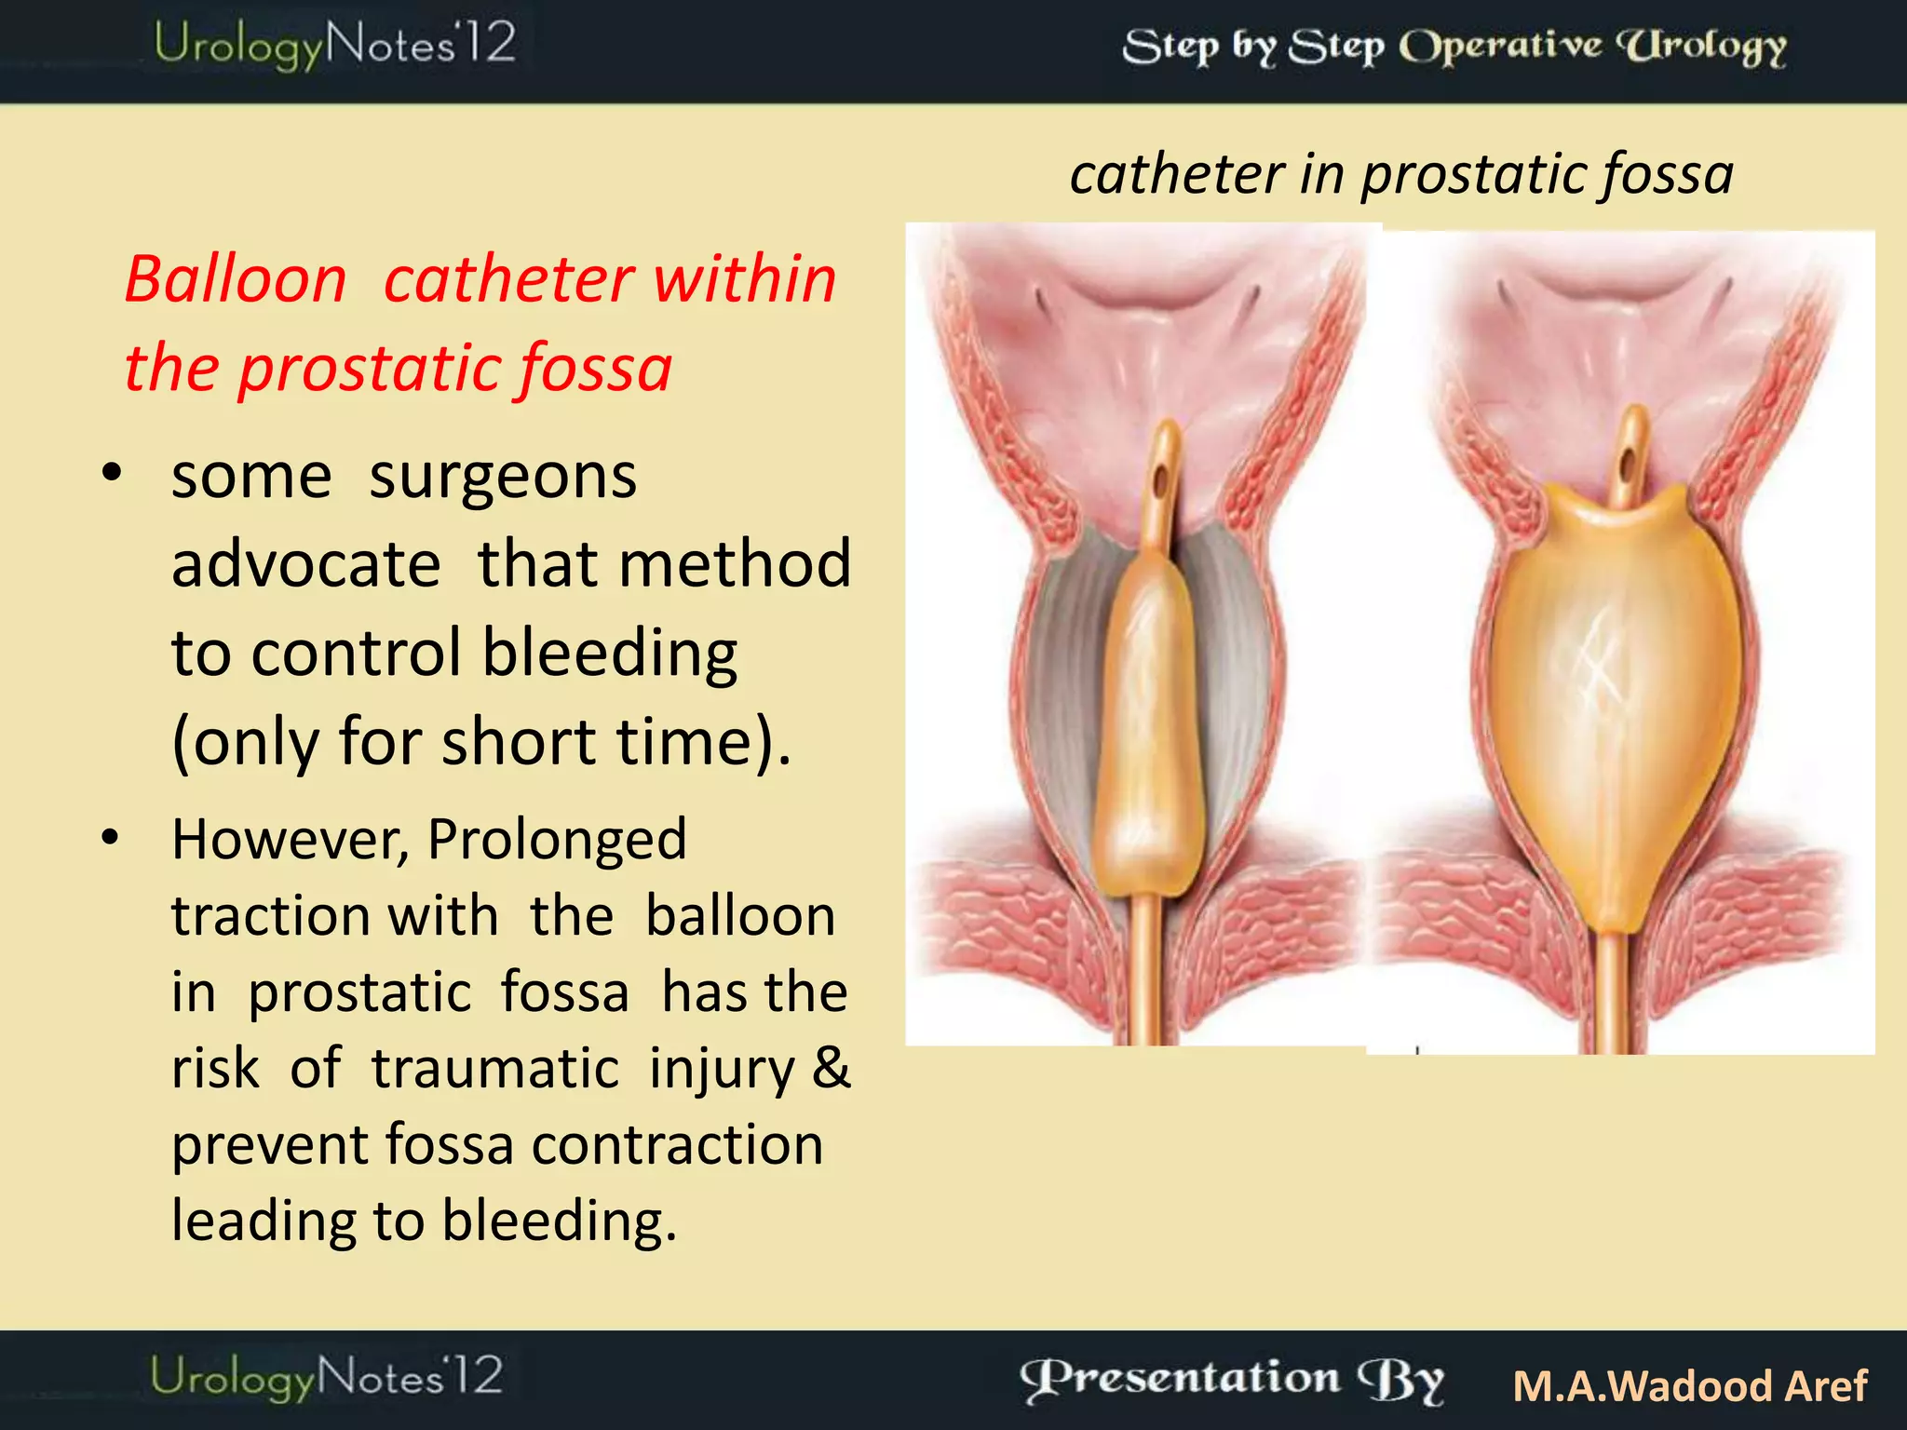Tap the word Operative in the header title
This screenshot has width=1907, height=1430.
pyautogui.click(x=1501, y=46)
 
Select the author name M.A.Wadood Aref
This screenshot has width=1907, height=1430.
pyautogui.click(x=1689, y=1385)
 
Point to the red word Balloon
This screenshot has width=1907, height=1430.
pyautogui.click(x=236, y=279)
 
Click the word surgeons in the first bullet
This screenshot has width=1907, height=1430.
pyautogui.click(x=503, y=477)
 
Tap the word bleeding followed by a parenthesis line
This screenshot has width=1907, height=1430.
pyautogui.click(x=610, y=653)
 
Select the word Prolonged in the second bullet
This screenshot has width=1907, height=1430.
pyautogui.click(x=557, y=839)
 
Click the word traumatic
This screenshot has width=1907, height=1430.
pyautogui.click(x=494, y=1068)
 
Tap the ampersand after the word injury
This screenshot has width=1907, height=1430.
pyautogui.click(x=831, y=1068)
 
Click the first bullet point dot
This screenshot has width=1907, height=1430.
pyautogui.click(x=112, y=474)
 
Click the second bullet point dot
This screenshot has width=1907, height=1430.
pyautogui.click(x=111, y=838)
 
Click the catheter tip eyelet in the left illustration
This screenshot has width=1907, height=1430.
pyautogui.click(x=1161, y=482)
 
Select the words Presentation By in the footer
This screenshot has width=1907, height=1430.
pyautogui.click(x=1232, y=1379)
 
